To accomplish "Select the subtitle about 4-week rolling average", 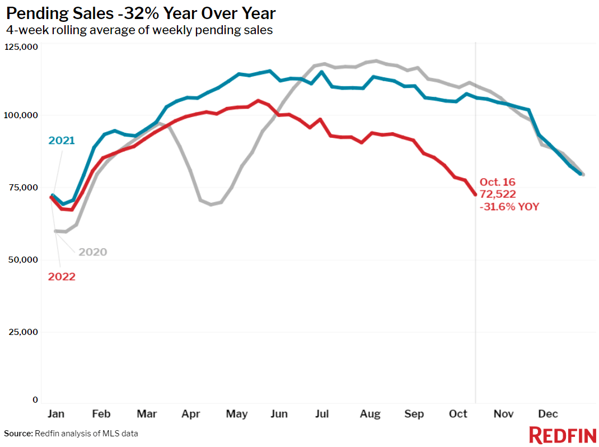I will [139, 30].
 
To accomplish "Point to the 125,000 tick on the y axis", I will [21, 47].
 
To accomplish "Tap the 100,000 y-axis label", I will [21, 115].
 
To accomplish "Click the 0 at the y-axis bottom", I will [35, 400].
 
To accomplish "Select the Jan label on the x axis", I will [55, 414].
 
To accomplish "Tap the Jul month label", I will [322, 414].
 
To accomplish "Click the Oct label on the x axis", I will [458, 414].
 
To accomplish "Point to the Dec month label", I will [547, 414].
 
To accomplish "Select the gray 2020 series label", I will [92, 252].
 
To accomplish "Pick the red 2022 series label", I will [61, 277].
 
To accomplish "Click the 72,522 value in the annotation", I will [498, 194].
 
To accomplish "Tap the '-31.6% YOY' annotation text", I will [509, 207].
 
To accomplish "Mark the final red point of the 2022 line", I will [475, 194].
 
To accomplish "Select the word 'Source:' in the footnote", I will [18, 434].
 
